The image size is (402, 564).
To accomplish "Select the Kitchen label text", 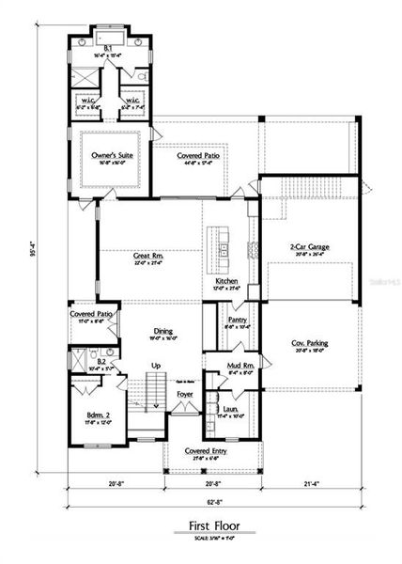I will click(x=226, y=280).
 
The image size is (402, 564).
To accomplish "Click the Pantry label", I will click(x=237, y=320).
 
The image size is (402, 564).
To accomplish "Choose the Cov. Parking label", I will click(x=309, y=344).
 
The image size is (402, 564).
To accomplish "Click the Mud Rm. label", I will click(x=237, y=366).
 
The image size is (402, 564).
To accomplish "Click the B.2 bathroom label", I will click(x=101, y=360).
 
